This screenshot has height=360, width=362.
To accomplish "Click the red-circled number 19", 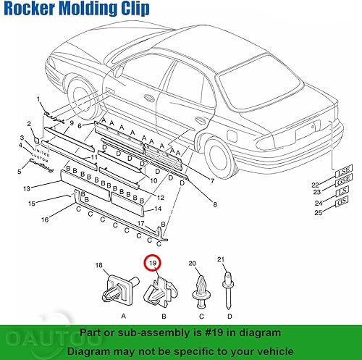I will pos(152,264).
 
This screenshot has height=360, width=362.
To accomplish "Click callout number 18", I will pos(100,267).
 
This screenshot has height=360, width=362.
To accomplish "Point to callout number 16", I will pos(45,219).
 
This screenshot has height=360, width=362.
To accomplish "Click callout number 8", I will pos(214,205).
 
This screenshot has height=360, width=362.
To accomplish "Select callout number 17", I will pos(142,223).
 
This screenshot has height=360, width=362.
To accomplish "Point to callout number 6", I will pos(81,125).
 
